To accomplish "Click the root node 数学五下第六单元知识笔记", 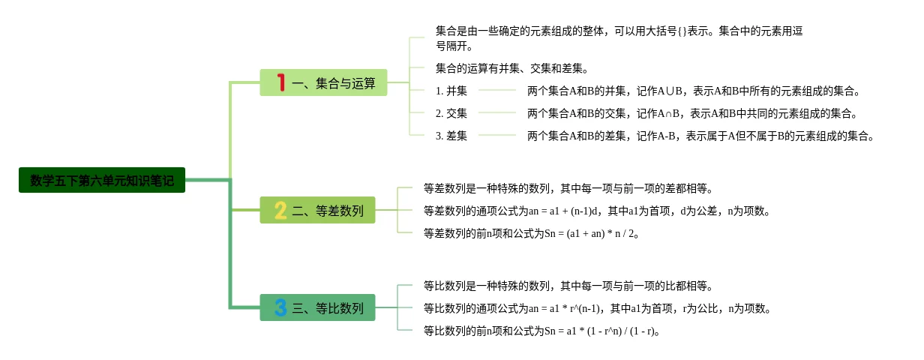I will pyautogui.click(x=101, y=180).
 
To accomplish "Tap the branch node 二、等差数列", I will pyautogui.click(x=317, y=211).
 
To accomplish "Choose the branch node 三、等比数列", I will pyautogui.click(x=317, y=307).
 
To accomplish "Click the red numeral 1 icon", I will pyautogui.click(x=281, y=82).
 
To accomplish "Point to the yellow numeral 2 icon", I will pyautogui.click(x=280, y=211).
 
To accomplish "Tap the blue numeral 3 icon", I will pyautogui.click(x=280, y=307).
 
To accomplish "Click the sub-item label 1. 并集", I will pyautogui.click(x=451, y=91).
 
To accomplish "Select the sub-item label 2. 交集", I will pyautogui.click(x=451, y=113).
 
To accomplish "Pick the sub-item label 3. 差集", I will pyautogui.click(x=451, y=136).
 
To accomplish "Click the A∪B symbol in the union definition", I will pyautogui.click(x=670, y=91).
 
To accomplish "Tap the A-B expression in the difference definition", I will pyautogui.click(x=668, y=136).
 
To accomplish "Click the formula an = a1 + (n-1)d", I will pyautogui.click(x=573, y=211).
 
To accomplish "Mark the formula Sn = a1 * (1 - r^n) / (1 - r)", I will pyautogui.click(x=600, y=331).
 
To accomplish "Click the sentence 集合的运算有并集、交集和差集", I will pyautogui.click(x=512, y=68).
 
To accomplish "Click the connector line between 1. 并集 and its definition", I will pyautogui.click(x=497, y=91).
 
